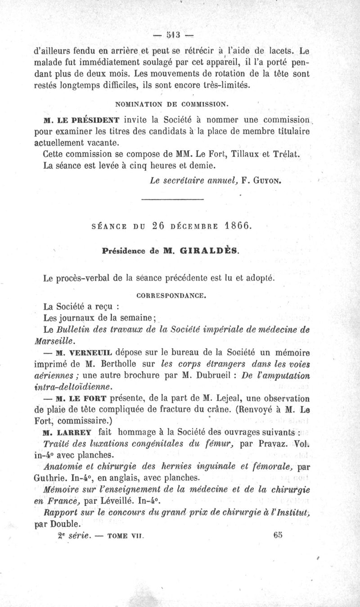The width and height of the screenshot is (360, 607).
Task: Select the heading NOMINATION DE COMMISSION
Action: [173, 104]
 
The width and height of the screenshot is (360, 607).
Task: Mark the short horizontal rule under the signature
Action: [173, 199]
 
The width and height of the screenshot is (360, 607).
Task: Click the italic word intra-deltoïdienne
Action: [70, 386]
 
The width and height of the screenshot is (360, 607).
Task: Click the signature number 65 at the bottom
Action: [278, 535]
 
